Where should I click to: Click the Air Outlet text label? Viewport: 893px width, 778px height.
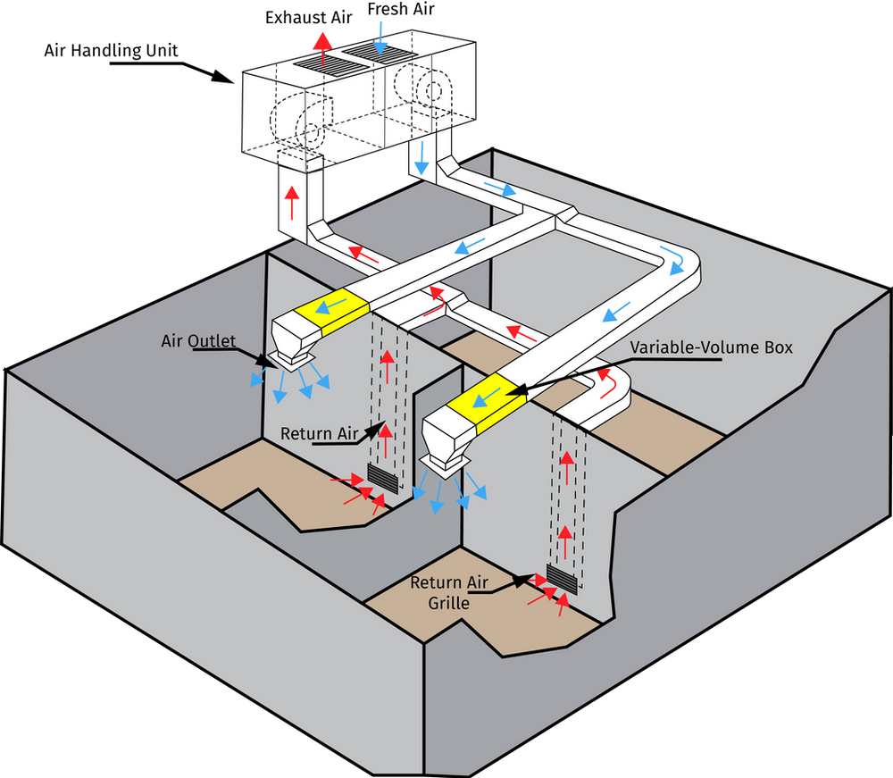click(x=198, y=341)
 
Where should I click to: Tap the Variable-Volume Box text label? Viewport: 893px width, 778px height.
click(x=712, y=348)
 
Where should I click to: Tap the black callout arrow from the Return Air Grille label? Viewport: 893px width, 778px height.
click(x=522, y=580)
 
